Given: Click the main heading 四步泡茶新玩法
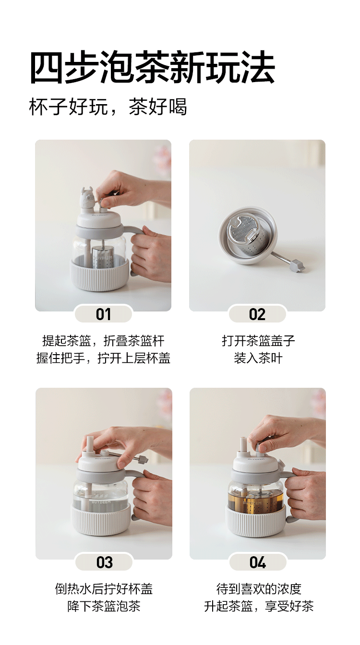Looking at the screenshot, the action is click(152, 68).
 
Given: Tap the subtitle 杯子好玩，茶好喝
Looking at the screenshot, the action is click(108, 107).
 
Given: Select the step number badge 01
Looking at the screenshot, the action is click(103, 314).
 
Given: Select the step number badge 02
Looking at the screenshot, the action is click(257, 314).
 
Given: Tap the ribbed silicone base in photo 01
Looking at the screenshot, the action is click(100, 275).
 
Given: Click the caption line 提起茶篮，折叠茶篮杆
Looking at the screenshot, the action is click(103, 341).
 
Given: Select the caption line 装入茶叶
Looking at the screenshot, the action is click(258, 358).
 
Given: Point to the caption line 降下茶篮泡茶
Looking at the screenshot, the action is click(104, 607).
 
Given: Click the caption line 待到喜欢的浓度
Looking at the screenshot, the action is click(259, 589).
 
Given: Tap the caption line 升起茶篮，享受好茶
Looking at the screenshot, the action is click(259, 607).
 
